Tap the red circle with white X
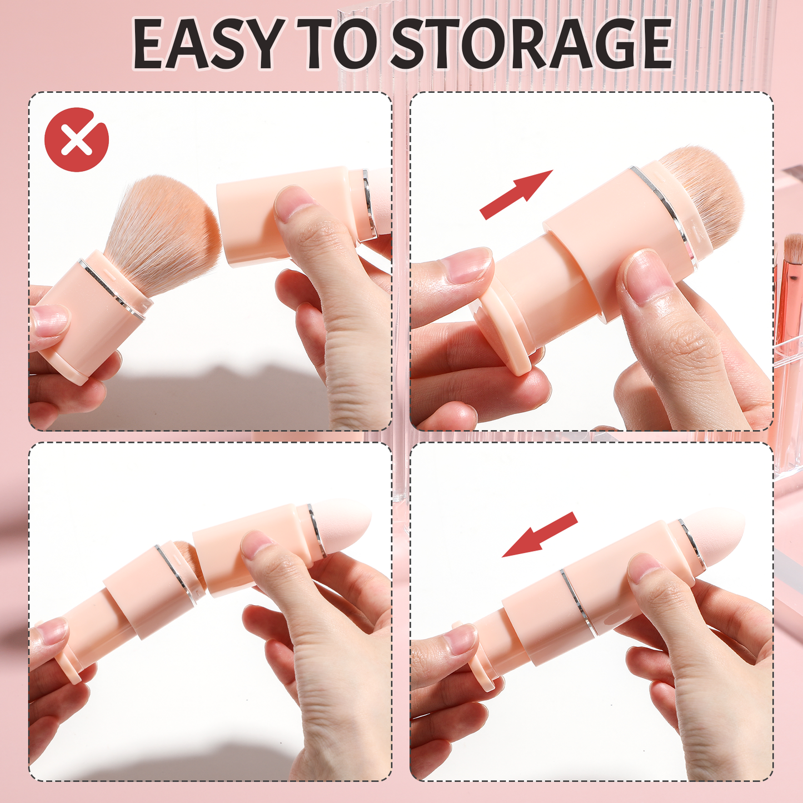77,139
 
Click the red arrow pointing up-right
517,194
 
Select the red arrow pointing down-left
539,534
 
